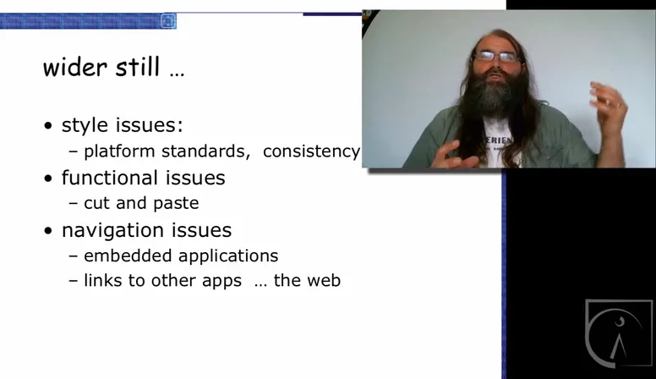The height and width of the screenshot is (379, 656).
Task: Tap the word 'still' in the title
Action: click(139, 67)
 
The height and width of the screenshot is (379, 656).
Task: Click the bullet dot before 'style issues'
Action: click(49, 127)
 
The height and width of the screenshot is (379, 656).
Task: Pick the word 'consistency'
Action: click(311, 151)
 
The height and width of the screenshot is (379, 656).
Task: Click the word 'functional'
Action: click(109, 178)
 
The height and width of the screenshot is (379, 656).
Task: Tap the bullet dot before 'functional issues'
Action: click(49, 179)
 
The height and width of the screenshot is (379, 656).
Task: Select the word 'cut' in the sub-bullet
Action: click(96, 204)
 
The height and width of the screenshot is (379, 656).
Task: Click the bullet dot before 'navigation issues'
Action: click(49, 231)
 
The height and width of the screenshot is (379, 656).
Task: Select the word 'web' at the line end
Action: click(322, 280)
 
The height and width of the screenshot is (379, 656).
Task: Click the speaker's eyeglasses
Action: click(497, 57)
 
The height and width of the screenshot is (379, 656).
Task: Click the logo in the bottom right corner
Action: click(619, 333)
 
